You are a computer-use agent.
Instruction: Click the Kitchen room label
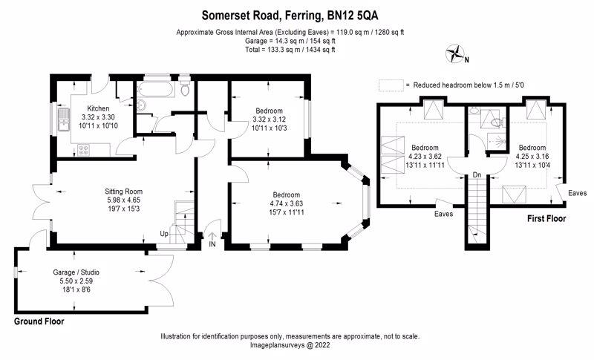(98, 108)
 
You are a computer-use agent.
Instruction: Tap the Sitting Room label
(123, 192)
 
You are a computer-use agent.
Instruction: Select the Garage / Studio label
(76, 272)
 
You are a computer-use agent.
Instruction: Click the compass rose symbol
(455, 53)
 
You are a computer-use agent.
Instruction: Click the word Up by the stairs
(164, 234)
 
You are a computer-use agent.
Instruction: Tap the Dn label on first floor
(477, 175)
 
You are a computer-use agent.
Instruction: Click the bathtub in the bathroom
(156, 89)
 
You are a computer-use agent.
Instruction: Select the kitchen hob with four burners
(83, 150)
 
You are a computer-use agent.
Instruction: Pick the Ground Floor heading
(39, 321)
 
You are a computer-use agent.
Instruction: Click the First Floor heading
(546, 218)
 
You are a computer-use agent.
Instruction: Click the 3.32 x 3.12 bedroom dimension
(269, 120)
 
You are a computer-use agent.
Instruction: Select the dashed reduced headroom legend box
(391, 85)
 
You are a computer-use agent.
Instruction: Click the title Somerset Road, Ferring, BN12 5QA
(290, 16)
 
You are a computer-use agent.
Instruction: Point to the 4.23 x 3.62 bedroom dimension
(425, 157)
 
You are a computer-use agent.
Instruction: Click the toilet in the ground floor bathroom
(185, 87)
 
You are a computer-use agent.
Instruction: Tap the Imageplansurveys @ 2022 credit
(290, 345)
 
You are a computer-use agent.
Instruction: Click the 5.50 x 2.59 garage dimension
(76, 281)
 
